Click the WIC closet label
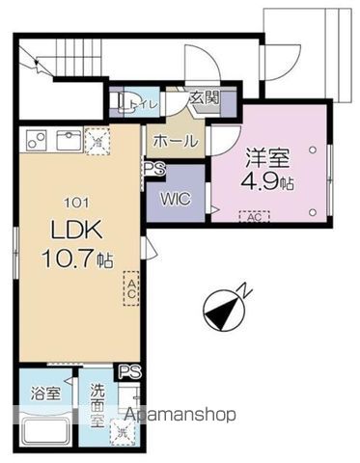(x=175, y=200)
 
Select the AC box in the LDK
(x=131, y=287)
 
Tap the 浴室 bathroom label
(x=46, y=394)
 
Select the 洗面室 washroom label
(x=102, y=398)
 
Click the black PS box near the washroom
(x=127, y=370)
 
